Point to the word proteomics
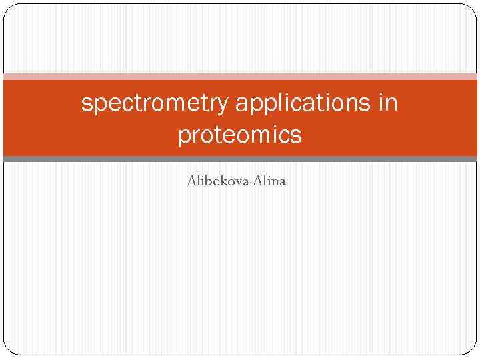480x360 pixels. click(x=239, y=135)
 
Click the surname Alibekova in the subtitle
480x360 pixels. click(x=218, y=180)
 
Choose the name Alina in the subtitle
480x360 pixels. click(x=269, y=180)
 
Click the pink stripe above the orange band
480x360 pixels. click(x=240, y=76)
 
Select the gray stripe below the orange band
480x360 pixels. click(x=240, y=159)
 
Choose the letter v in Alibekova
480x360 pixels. click(x=238, y=181)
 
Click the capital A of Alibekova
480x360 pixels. click(x=192, y=180)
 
